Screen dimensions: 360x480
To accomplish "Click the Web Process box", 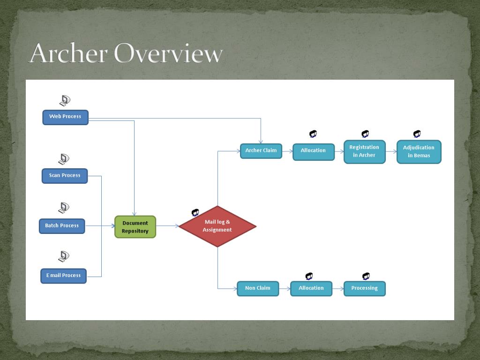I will [x=65, y=117].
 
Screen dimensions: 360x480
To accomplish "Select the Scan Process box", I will [x=65, y=176].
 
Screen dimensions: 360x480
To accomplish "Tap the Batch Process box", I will [x=62, y=226].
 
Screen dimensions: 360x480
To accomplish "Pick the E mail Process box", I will [x=63, y=276].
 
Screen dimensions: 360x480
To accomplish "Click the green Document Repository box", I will [x=135, y=227].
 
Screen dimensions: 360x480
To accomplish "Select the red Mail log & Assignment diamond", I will [x=217, y=226].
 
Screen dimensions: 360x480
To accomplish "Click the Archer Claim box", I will [x=261, y=151].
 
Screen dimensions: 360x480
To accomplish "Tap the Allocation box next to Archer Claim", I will [x=314, y=151].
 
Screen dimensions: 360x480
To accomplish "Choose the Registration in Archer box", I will [x=364, y=151].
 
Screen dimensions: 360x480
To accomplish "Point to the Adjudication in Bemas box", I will [x=419, y=151].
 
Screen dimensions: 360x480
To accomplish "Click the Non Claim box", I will [x=258, y=288].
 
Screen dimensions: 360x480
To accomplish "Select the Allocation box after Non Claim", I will [x=311, y=288].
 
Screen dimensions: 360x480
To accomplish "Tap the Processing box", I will [x=364, y=288].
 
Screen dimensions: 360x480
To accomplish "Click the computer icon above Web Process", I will [x=65, y=100].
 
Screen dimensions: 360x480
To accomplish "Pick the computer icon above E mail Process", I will [x=64, y=256].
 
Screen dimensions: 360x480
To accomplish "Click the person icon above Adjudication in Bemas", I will [x=417, y=134].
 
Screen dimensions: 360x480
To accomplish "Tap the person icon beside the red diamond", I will [x=195, y=213].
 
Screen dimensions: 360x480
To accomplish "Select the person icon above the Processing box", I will [x=366, y=276].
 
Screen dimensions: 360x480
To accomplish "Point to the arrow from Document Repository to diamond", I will [x=167, y=226].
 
